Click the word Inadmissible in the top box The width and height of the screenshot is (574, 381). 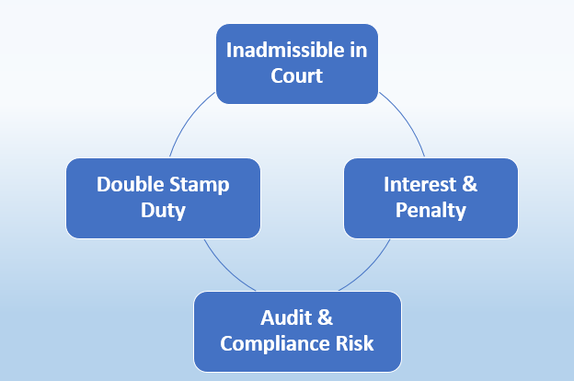click(280, 50)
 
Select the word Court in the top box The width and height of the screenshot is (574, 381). click(296, 75)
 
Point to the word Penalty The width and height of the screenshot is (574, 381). click(430, 210)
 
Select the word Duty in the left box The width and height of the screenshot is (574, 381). click(163, 211)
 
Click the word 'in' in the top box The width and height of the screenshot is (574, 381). click(357, 50)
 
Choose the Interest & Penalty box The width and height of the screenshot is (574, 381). click(430, 197)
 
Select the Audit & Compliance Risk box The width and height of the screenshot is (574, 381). click(297, 330)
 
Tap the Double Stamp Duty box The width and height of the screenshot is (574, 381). click(163, 197)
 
